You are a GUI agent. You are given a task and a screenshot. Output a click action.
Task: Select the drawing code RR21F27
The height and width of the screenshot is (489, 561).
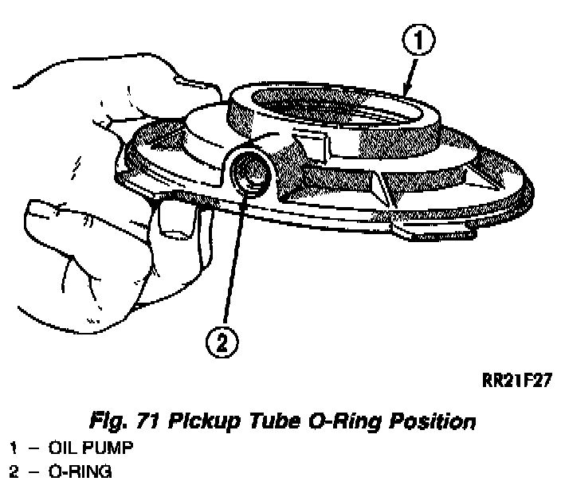coord(517,380)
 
